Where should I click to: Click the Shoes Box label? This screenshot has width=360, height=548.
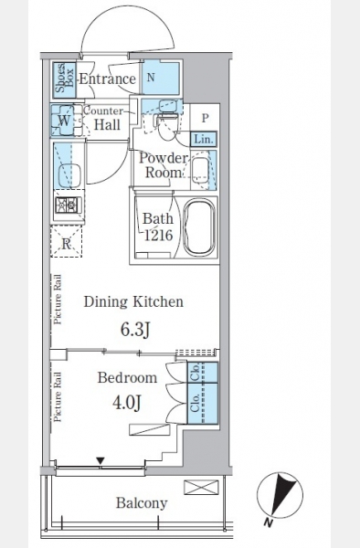point(65,79)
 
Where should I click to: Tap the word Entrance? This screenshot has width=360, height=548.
point(107,79)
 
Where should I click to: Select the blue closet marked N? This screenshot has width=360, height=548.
point(161,78)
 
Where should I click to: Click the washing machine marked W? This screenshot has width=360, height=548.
point(63,121)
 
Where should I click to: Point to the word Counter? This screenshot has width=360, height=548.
point(103,111)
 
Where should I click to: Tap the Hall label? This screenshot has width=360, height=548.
point(107,124)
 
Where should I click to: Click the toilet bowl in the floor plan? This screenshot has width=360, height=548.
point(168,125)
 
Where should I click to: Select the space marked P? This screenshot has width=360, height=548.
point(205,118)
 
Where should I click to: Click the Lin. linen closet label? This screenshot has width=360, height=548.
point(204,139)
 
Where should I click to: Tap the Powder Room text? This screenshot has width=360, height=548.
point(164,165)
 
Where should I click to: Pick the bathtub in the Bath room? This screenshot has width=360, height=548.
point(198,227)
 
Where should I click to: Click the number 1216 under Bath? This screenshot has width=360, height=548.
point(159,236)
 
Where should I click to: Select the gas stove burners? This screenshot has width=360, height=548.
point(68,205)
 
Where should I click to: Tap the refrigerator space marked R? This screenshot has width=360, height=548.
point(67,242)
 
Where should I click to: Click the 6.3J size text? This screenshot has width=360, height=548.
point(135,329)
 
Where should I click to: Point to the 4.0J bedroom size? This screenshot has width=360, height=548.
point(126,403)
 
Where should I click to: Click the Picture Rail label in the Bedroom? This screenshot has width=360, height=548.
point(58,396)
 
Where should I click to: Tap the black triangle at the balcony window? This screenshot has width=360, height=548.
point(101,461)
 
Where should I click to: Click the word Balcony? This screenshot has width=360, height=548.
point(142,503)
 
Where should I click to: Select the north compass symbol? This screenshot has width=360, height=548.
point(280,496)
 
